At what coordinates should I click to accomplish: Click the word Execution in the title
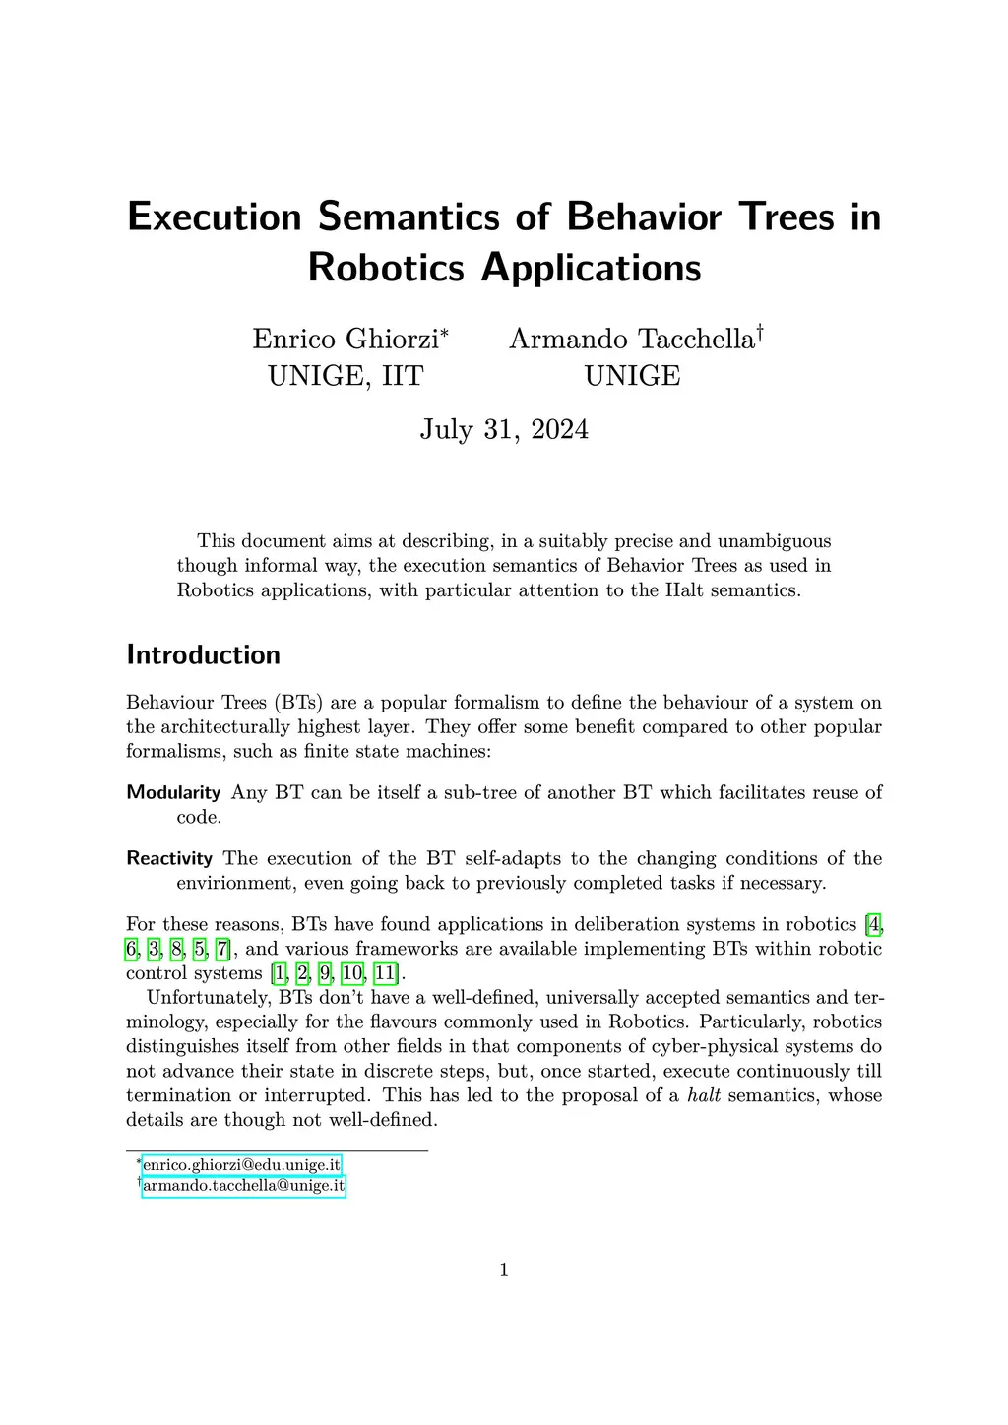coord(215,217)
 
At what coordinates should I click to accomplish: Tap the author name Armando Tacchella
coord(631,339)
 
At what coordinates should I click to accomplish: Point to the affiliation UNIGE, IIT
coord(346,376)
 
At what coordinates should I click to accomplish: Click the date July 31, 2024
coord(504,429)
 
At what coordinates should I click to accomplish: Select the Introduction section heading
coord(204,654)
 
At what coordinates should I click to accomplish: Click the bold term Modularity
coord(173,792)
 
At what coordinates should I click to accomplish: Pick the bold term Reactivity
coord(169,858)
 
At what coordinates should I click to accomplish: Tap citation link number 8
coord(177,949)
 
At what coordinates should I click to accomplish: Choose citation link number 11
coord(385,973)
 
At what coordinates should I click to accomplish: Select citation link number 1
coord(280,973)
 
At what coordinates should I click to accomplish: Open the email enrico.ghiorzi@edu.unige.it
coord(242,1165)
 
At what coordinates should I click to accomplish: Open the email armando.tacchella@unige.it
coord(243,1186)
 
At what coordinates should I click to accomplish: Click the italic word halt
coord(704,1095)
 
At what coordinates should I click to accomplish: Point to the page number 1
coord(504,1270)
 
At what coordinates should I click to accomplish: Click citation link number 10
coord(351,973)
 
